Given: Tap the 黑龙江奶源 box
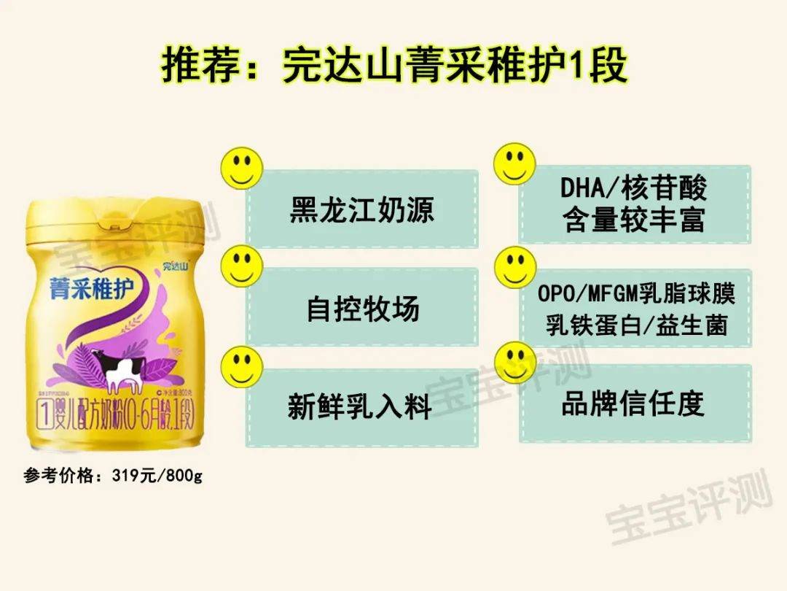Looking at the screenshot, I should click(362, 210).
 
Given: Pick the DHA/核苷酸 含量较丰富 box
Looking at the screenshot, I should click(634, 205).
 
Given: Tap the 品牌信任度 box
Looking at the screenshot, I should click(634, 403).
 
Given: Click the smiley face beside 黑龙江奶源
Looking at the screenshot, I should click(242, 167).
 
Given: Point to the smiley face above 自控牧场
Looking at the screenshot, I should click(242, 266).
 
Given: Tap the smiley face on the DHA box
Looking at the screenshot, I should click(514, 163).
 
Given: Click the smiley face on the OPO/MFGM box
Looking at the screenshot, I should click(514, 266).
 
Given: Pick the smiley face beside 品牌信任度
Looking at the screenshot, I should click(514, 363).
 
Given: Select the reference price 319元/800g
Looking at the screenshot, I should click(113, 476).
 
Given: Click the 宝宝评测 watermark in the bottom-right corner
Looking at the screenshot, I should click(689, 511).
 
